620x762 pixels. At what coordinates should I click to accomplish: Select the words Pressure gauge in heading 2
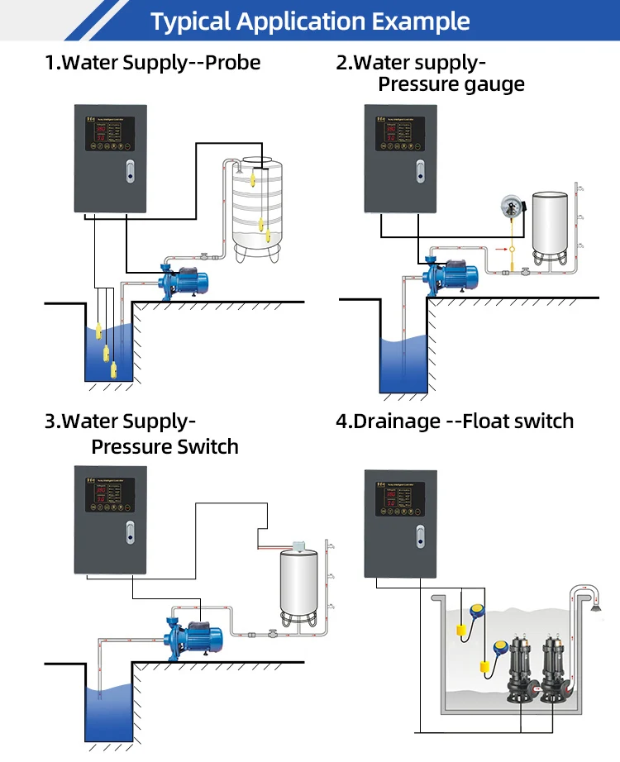tap(451, 85)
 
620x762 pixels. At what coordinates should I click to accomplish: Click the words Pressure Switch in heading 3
tap(165, 447)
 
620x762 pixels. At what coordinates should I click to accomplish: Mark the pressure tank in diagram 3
tap(299, 586)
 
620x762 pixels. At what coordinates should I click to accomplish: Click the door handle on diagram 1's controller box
tap(128, 171)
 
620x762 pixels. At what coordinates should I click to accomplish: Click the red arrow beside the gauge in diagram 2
tap(499, 246)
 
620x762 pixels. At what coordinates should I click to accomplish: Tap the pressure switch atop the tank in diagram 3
tap(298, 547)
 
